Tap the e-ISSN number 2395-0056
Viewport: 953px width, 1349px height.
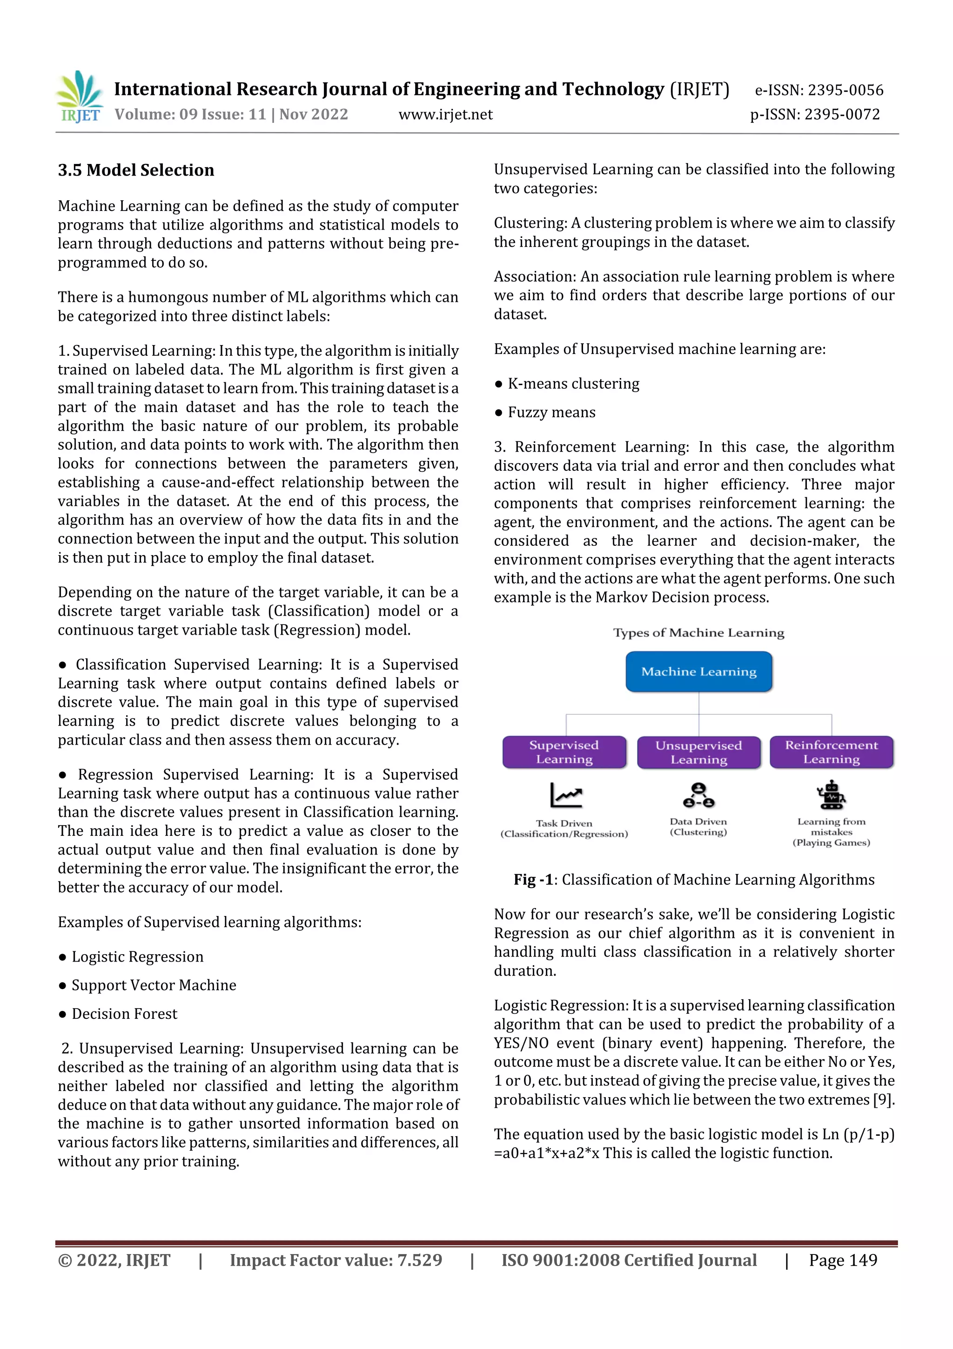(845, 90)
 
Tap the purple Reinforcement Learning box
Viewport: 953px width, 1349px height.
(831, 752)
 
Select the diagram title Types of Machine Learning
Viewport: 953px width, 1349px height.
(698, 633)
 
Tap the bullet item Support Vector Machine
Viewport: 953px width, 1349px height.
(154, 985)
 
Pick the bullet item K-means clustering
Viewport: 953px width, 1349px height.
(573, 384)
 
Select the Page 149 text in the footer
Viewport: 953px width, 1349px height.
(843, 1260)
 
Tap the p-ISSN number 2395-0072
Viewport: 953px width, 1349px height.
(842, 115)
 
